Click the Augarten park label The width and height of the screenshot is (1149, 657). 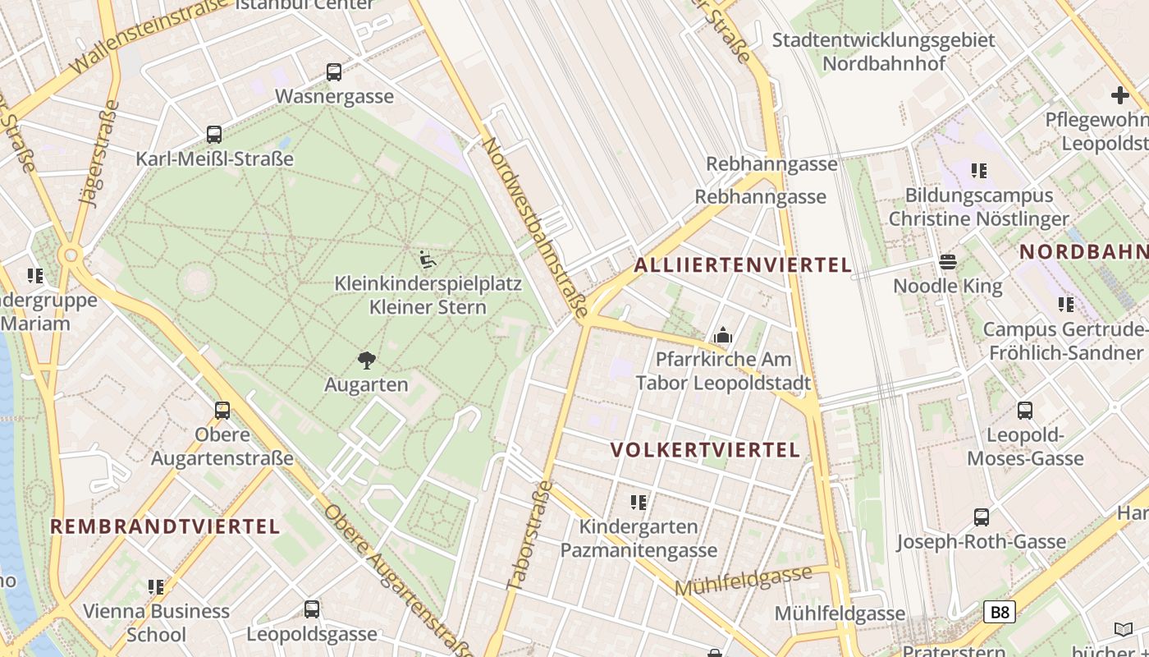[x=366, y=384]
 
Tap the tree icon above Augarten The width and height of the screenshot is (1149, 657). [x=367, y=360]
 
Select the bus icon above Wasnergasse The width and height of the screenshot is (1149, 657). [x=334, y=72]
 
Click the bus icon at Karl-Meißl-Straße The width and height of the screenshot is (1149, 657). [x=214, y=135]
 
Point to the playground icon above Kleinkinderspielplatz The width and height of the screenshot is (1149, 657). [x=428, y=260]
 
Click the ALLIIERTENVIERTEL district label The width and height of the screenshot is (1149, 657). [x=743, y=265]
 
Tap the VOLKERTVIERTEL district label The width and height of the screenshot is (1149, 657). [x=706, y=450]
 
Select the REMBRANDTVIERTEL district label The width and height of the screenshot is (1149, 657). [x=166, y=526]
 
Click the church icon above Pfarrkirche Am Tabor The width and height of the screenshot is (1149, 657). [x=723, y=335]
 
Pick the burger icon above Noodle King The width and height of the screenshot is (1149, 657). [x=948, y=262]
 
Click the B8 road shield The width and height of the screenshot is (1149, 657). [x=1000, y=612]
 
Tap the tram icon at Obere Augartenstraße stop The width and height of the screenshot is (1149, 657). [x=222, y=411]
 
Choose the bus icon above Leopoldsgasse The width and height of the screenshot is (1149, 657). [x=312, y=609]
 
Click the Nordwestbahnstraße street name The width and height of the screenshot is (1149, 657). [x=534, y=227]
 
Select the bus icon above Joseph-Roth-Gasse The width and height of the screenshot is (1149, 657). [x=982, y=517]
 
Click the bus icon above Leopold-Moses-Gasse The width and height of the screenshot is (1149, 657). [x=1025, y=411]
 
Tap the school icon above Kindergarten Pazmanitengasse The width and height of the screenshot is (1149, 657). [x=639, y=502]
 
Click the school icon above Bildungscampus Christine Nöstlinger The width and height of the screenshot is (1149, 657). [x=979, y=171]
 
